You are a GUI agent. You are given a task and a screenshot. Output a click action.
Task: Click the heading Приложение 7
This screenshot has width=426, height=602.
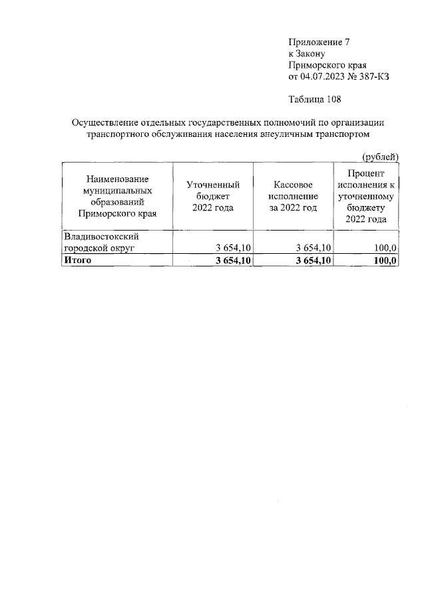(x=318, y=42)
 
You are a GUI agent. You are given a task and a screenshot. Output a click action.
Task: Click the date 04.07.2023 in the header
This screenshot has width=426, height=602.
(x=325, y=76)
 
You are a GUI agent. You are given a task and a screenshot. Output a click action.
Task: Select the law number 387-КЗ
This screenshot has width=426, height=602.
(x=373, y=76)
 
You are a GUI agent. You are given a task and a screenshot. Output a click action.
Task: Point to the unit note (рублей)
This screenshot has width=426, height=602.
(x=379, y=156)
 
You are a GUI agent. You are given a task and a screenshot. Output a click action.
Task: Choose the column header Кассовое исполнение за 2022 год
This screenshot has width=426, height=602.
(x=293, y=197)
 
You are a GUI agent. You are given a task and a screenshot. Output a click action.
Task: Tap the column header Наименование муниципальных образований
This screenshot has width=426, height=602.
(x=116, y=197)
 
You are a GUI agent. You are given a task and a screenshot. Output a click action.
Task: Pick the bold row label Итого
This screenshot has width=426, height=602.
(x=77, y=260)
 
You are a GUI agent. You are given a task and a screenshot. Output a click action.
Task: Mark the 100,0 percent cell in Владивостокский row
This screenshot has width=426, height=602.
(x=385, y=248)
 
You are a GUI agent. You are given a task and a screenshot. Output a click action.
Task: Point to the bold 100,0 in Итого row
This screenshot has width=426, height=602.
(x=385, y=260)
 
